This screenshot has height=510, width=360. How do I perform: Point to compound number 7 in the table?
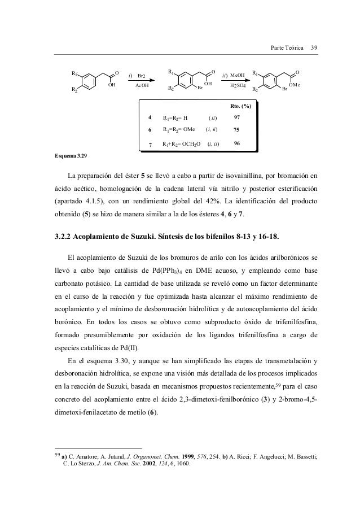150,145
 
